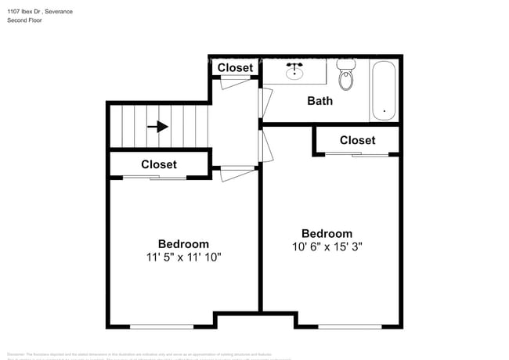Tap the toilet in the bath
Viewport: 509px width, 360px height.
(x=346, y=77)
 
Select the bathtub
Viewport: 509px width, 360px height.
(x=384, y=91)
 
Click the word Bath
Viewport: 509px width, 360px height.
(x=319, y=101)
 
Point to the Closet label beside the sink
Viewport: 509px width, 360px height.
(x=235, y=68)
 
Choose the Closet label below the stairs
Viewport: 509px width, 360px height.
(x=159, y=164)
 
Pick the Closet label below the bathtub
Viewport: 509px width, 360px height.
(x=357, y=140)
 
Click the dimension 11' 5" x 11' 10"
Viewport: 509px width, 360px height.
(x=183, y=257)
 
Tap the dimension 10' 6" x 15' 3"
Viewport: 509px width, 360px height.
(x=327, y=247)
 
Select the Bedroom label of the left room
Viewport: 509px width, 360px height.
(x=183, y=243)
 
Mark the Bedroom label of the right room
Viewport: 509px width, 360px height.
(x=327, y=233)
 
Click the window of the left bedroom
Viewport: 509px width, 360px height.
(x=161, y=326)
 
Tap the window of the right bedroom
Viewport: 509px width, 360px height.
(x=349, y=326)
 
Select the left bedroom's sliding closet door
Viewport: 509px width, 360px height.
(x=155, y=178)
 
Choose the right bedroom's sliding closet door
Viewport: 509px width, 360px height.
(x=357, y=154)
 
